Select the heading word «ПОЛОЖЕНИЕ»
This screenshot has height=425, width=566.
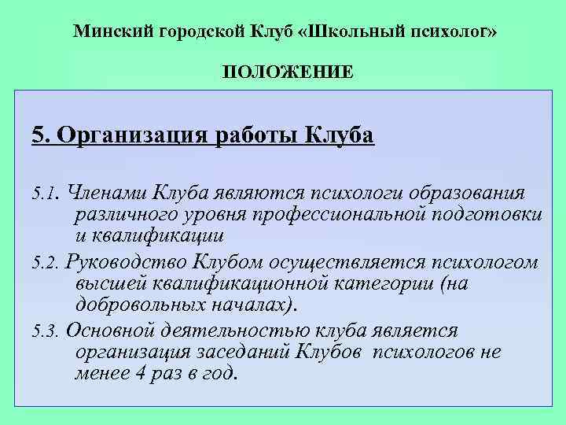pyautogui.click(x=287, y=72)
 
